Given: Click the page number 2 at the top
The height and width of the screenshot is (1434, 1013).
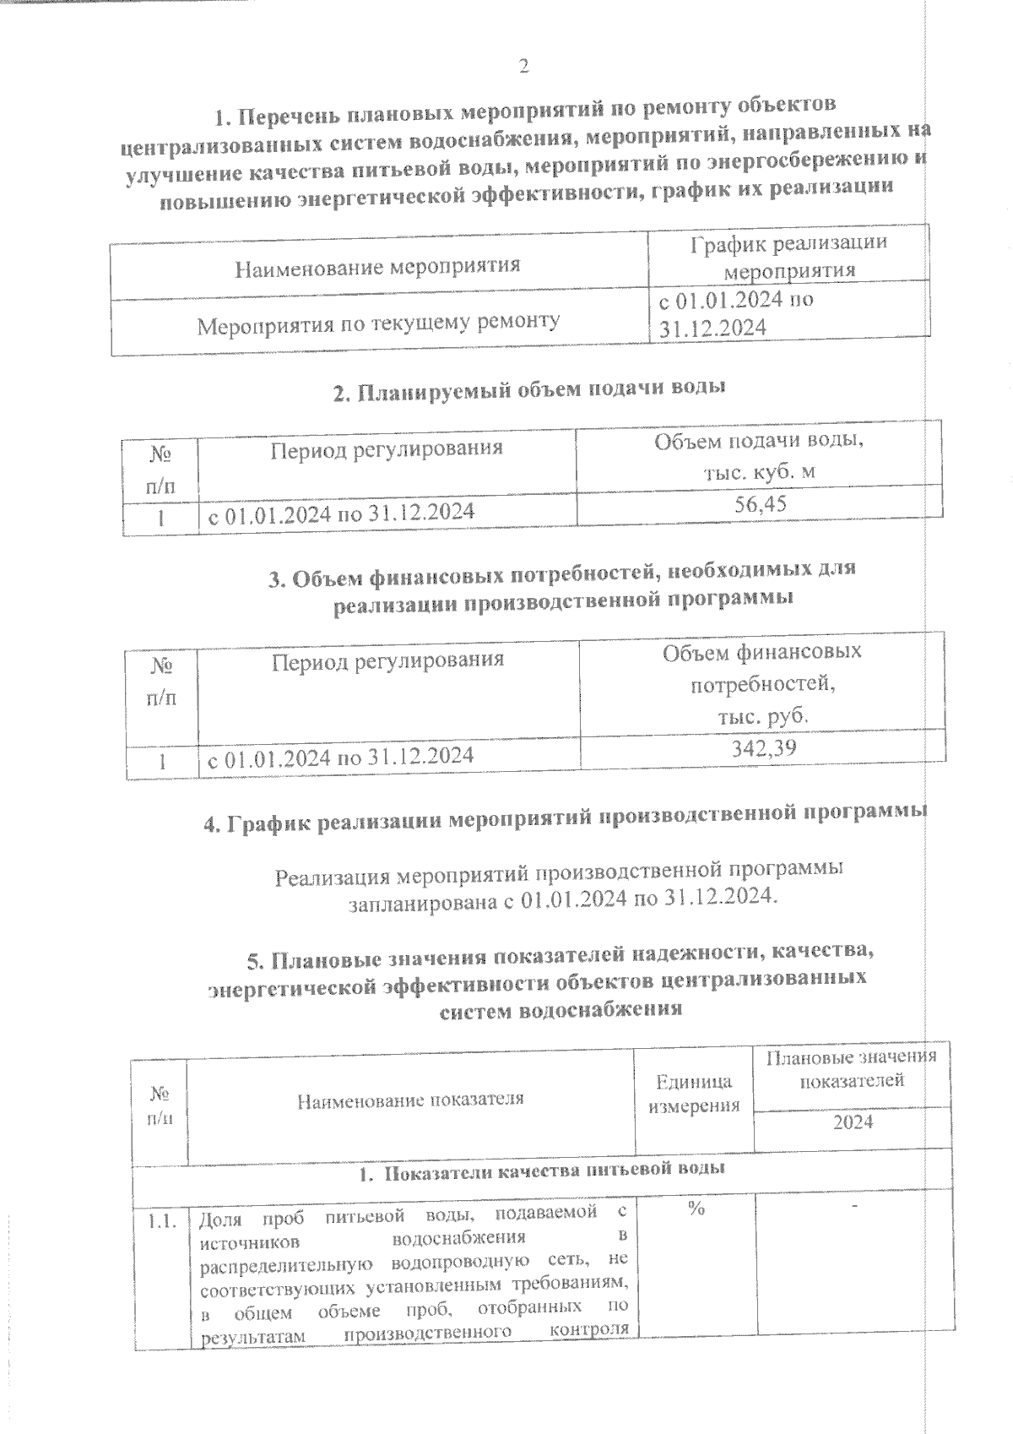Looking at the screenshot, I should click(x=523, y=66).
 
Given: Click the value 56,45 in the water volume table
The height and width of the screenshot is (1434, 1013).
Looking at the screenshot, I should click(x=761, y=504).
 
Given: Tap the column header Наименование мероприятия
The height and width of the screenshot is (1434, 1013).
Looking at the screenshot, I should click(x=377, y=268).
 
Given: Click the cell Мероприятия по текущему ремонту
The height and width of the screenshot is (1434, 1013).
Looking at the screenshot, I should click(x=378, y=323).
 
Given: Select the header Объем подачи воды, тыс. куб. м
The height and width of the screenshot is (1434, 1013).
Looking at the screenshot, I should click(x=759, y=456).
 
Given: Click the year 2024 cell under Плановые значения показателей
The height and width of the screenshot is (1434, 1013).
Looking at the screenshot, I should click(x=853, y=1122).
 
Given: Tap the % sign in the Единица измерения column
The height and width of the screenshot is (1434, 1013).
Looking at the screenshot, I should click(x=696, y=1209).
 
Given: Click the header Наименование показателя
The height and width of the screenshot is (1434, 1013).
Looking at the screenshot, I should click(x=410, y=1099).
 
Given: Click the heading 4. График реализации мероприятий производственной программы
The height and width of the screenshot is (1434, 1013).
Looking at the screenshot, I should click(x=565, y=818).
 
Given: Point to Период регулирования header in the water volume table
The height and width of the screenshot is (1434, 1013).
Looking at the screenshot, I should click(x=387, y=448).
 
